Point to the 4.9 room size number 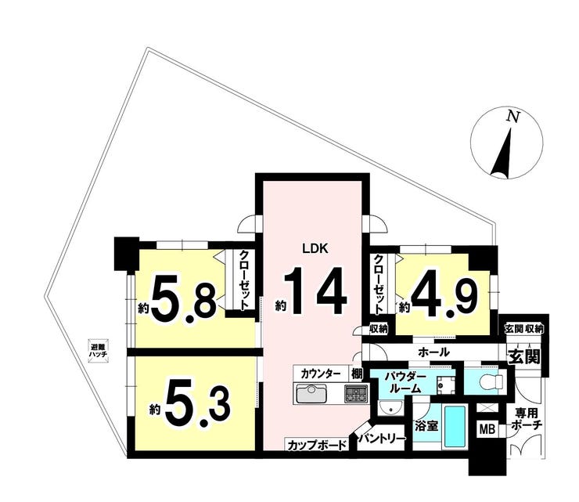coord(444,293)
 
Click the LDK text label coord(315,249)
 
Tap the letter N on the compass coord(512,117)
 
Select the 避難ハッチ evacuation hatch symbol coord(99,351)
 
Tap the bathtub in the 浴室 coord(455,427)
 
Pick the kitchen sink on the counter coord(311,395)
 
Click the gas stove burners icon coord(356,394)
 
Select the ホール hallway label coord(433,352)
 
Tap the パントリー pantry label coord(382,439)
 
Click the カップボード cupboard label coord(317,445)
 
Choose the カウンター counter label coord(321,373)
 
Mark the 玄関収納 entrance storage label coord(524,329)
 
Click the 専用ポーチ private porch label coord(527,419)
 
